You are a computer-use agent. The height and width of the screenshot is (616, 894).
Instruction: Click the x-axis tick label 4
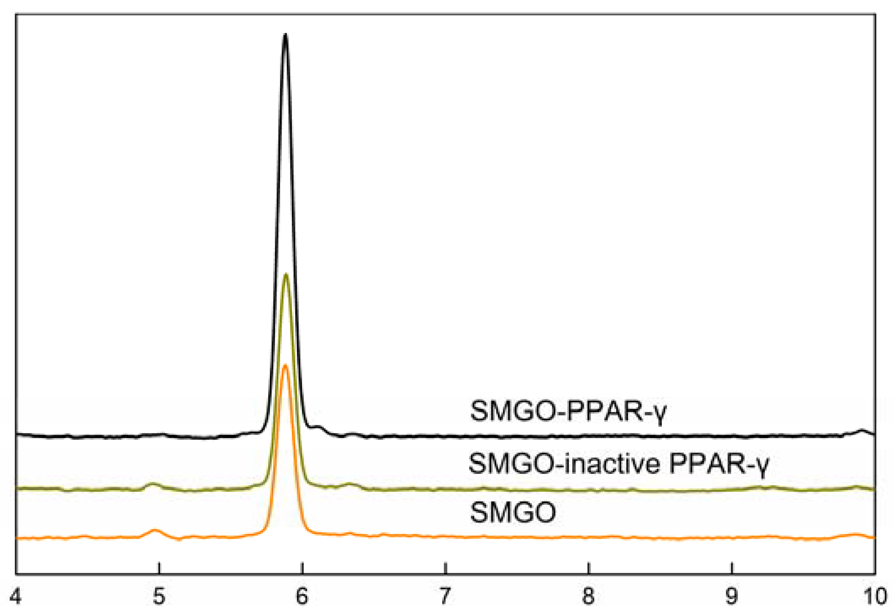(16, 597)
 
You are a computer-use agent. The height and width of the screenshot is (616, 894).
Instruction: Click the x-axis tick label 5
(158, 597)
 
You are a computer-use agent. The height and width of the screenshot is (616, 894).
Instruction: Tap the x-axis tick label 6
(302, 597)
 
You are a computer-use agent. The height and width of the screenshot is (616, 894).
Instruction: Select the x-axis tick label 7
(445, 597)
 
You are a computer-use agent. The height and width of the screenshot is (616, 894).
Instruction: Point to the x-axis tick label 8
(588, 597)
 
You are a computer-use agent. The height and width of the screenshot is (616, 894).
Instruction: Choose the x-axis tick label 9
(731, 597)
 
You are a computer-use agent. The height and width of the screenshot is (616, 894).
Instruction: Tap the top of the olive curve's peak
(286, 274)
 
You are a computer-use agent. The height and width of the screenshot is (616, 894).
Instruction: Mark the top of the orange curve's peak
(285, 365)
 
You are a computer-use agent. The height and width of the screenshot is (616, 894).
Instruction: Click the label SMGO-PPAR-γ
(568, 411)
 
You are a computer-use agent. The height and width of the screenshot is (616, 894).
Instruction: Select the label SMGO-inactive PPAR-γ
(619, 464)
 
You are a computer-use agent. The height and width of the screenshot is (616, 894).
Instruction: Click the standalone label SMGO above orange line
(513, 512)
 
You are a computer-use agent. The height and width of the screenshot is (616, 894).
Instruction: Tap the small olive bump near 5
(153, 483)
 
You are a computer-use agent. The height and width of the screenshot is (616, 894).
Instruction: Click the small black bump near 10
(862, 431)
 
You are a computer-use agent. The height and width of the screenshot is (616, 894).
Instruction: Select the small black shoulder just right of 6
(318, 427)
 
